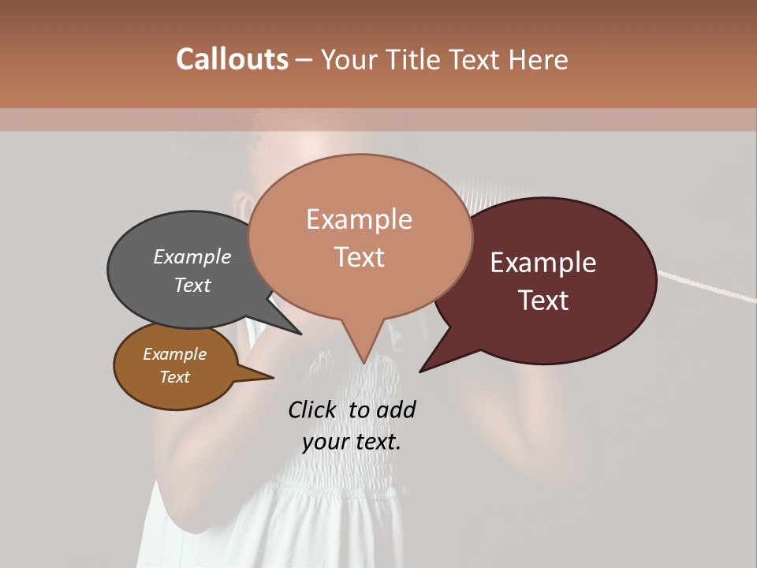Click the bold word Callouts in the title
(232, 59)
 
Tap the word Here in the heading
(537, 59)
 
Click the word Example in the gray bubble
(192, 256)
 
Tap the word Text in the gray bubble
(192, 285)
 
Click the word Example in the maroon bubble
(543, 263)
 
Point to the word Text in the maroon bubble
(543, 301)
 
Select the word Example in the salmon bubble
(360, 219)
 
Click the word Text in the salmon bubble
(360, 257)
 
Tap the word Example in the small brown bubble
(174, 354)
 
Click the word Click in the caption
(313, 409)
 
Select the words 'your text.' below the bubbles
(352, 442)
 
